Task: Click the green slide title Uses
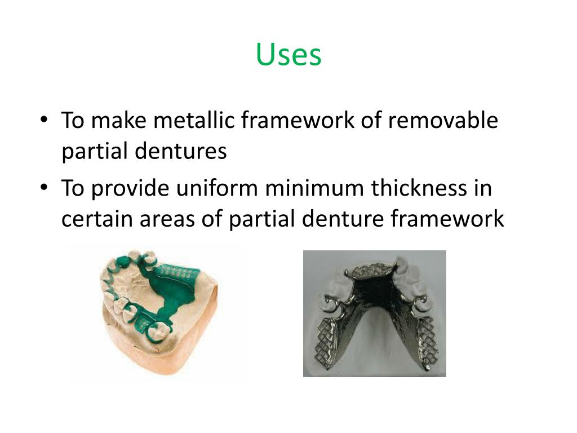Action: [288, 55]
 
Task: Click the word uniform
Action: [214, 188]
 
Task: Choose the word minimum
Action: [315, 188]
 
